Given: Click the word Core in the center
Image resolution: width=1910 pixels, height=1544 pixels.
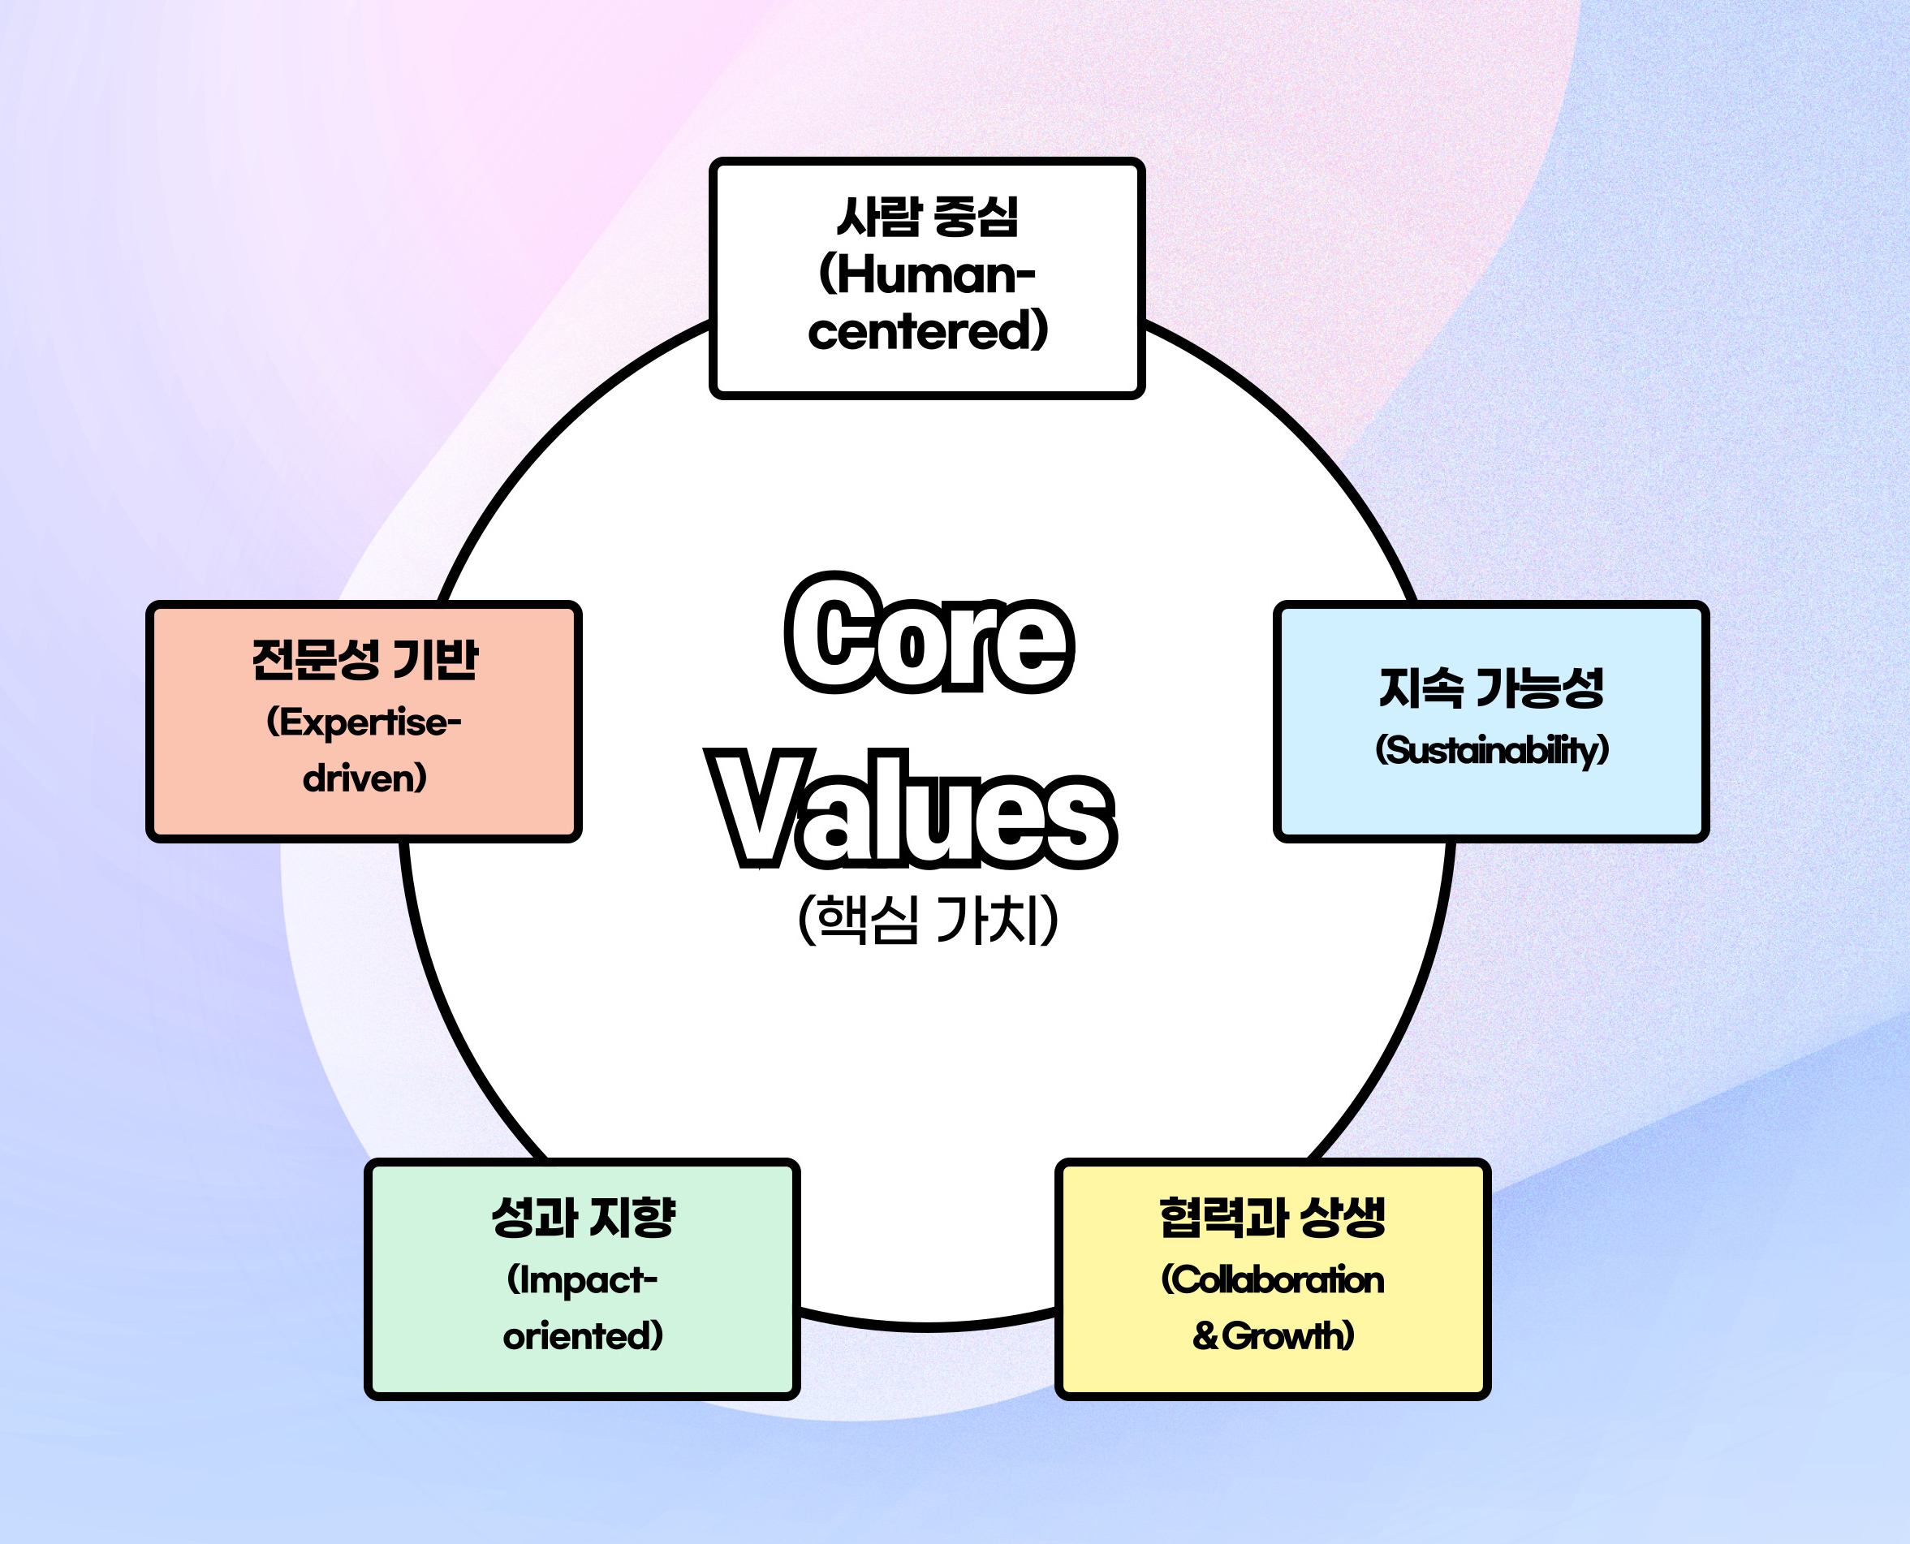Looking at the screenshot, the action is (930, 634).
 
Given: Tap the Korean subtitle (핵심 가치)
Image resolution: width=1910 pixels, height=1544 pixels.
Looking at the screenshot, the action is (929, 920).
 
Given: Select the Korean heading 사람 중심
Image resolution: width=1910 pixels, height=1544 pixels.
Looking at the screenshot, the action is (928, 216).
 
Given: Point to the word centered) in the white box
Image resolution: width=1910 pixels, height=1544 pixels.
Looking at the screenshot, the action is (929, 331).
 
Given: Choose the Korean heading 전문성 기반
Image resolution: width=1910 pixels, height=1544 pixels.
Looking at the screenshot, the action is (364, 660).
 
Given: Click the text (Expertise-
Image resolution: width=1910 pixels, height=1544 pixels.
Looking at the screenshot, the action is (364, 722).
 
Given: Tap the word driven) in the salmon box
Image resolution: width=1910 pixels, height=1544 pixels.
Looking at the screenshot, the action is (364, 778).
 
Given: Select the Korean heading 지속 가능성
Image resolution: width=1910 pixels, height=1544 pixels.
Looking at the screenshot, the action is (1491, 688).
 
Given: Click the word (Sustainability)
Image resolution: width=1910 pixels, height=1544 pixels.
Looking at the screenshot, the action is (1492, 750).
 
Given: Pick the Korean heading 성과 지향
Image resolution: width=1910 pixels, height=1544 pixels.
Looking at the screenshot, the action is (584, 1218).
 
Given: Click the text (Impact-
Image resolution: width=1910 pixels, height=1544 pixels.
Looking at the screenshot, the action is (583, 1280).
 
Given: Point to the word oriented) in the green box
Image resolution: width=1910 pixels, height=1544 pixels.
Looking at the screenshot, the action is (584, 1335).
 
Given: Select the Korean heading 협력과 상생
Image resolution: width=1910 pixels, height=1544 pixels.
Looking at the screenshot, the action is (1273, 1218).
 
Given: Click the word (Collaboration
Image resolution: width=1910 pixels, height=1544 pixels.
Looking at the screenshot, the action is (1273, 1280).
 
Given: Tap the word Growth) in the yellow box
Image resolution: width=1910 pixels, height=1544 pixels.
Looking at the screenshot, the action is (1288, 1335).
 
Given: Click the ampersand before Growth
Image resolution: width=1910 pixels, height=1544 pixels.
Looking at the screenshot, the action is (1205, 1336).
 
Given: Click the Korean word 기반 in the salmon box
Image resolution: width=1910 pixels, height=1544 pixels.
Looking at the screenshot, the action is (435, 660).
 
